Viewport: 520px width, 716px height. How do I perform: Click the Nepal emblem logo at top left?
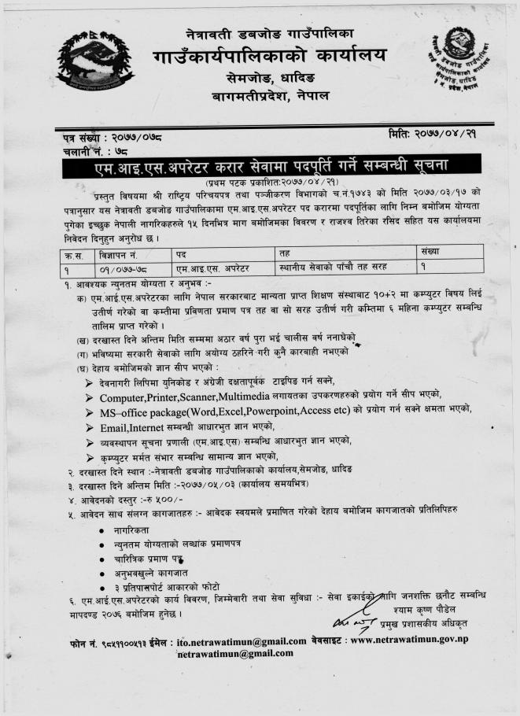(x=94, y=63)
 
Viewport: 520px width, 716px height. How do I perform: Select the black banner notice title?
(x=260, y=168)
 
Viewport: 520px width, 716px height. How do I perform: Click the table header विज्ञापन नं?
(x=116, y=253)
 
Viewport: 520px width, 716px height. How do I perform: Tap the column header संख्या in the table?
(x=433, y=253)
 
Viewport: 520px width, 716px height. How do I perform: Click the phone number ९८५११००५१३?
(x=117, y=643)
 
